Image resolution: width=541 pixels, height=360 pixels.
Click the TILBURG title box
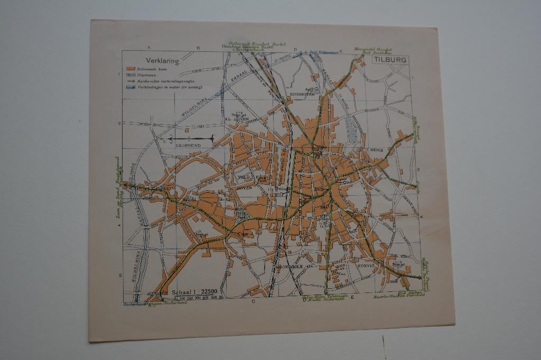coord(390,60)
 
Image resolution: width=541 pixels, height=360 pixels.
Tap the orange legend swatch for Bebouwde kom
coord(130,69)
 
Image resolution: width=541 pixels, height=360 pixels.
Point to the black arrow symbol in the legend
coord(130,81)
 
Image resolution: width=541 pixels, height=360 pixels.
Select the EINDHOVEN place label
coord(302,94)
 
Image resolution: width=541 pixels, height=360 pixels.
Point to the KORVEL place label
coord(366,267)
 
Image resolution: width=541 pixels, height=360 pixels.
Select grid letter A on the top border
coord(150,48)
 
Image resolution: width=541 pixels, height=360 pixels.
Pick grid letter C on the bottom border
coord(253,302)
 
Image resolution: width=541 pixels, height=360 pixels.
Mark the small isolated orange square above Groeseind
coord(186,129)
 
